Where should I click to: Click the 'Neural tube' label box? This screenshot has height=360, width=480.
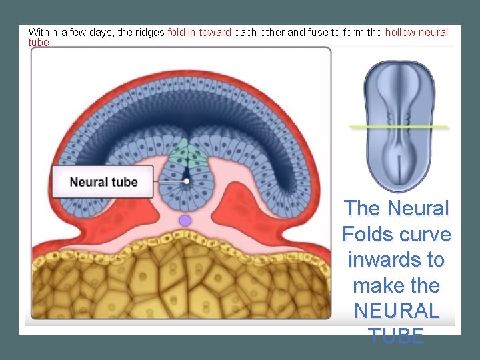click(103, 182)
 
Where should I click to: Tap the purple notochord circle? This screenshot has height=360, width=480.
click(185, 220)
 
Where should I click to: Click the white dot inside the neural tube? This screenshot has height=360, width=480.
click(187, 181)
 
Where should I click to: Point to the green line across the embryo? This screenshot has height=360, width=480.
click(399, 126)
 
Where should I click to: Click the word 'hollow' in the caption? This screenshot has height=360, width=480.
click(399, 32)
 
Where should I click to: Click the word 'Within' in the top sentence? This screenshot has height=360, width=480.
click(43, 32)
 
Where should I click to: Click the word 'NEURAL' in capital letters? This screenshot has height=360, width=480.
click(397, 311)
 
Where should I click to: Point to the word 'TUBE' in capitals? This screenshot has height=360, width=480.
click(397, 336)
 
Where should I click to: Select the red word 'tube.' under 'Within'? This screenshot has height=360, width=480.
click(39, 41)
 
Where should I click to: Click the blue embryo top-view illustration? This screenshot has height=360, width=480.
click(399, 127)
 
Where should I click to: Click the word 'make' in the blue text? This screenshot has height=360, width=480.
click(377, 285)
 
